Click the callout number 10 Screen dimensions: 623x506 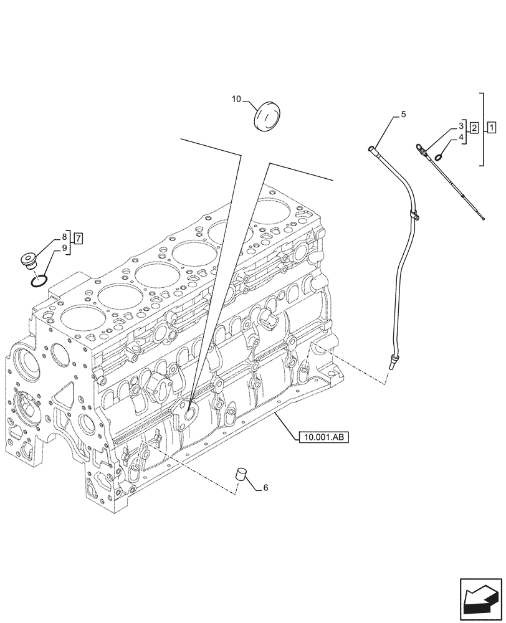[236, 98]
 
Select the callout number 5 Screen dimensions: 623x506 [403, 114]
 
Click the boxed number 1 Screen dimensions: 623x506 [492, 128]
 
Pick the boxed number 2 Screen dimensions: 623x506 [474, 128]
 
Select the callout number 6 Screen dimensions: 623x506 [265, 488]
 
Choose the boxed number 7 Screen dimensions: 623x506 [78, 237]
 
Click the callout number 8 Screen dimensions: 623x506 [64, 237]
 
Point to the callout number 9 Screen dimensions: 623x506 [64, 249]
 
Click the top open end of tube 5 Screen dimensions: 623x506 [372, 148]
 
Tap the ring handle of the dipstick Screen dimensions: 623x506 [420, 148]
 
